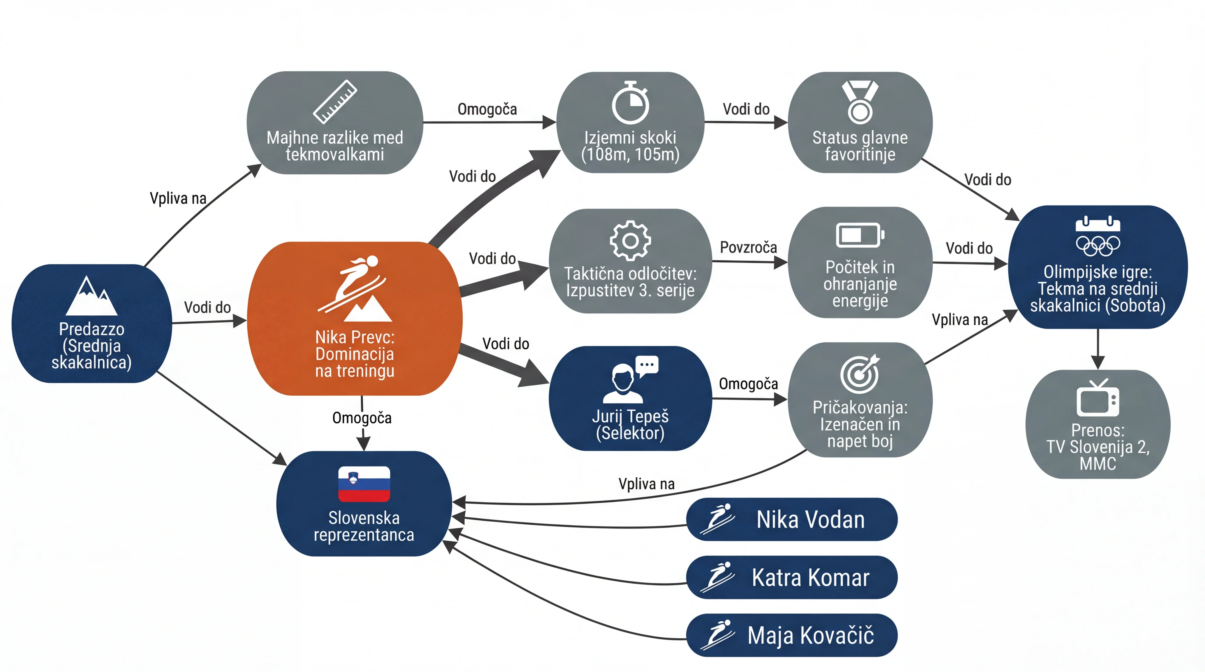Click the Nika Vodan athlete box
tap(791, 519)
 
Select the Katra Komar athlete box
tap(791, 577)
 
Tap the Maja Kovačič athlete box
tap(791, 635)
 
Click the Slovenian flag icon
tap(364, 484)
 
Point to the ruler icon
tap(335, 102)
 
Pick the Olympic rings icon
tap(1098, 245)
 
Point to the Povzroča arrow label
tap(749, 247)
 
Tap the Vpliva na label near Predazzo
tap(178, 198)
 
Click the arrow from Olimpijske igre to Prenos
tap(1098, 349)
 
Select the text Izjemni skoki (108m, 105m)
tap(630, 146)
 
